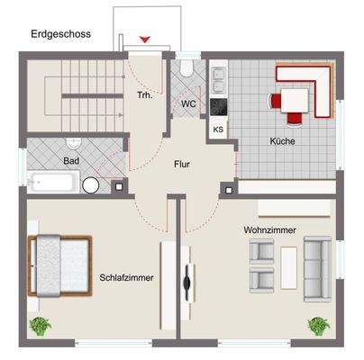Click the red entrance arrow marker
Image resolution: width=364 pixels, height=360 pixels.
pyautogui.click(x=147, y=39)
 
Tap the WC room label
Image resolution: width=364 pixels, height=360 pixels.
pyautogui.click(x=188, y=103)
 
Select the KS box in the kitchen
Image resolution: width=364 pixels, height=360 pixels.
pyautogui.click(x=219, y=129)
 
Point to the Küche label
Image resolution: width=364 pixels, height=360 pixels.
pyautogui.click(x=283, y=141)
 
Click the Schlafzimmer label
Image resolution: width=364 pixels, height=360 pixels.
pyautogui.click(x=126, y=278)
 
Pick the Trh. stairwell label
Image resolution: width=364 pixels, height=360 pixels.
pyautogui.click(x=143, y=94)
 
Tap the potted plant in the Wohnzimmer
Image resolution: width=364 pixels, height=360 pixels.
pyautogui.click(x=319, y=325)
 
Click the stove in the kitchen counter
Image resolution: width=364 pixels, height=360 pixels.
pyautogui.click(x=219, y=104)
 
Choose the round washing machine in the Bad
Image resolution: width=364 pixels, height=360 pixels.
pyautogui.click(x=92, y=184)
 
